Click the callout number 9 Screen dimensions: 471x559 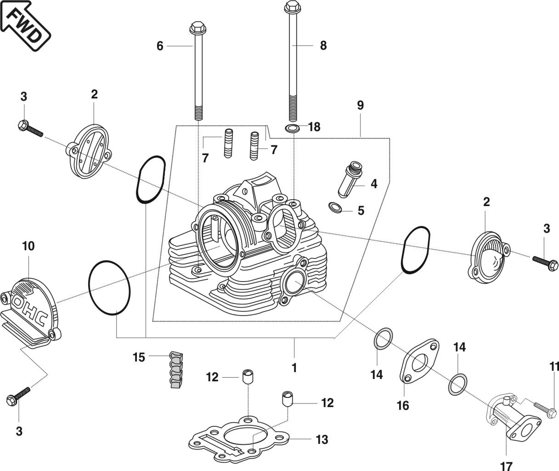click(360, 105)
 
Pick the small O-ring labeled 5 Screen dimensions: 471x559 click(335, 208)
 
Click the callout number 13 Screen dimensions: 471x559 click(322, 440)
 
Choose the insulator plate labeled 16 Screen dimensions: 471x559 click(419, 363)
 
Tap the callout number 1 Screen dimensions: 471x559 click(294, 368)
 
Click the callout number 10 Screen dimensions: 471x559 click(28, 246)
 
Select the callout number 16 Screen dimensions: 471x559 click(403, 406)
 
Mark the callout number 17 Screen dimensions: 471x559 click(506, 465)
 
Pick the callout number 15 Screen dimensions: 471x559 click(139, 357)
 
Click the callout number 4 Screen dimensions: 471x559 click(374, 184)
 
